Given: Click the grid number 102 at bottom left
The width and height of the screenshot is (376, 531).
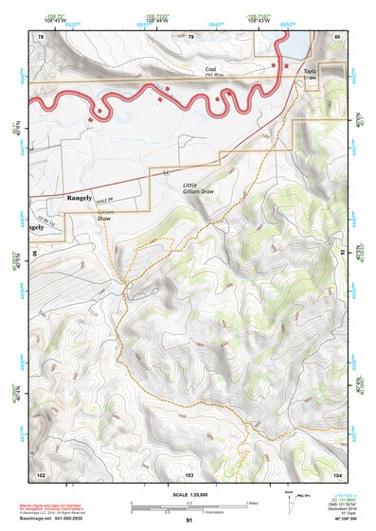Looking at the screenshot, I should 41,473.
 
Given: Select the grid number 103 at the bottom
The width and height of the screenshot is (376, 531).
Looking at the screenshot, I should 189,473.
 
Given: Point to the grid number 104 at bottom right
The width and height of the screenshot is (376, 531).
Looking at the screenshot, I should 337,473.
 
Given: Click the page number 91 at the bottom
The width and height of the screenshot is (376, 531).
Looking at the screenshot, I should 189,521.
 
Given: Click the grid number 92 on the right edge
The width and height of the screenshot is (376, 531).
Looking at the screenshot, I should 342,253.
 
